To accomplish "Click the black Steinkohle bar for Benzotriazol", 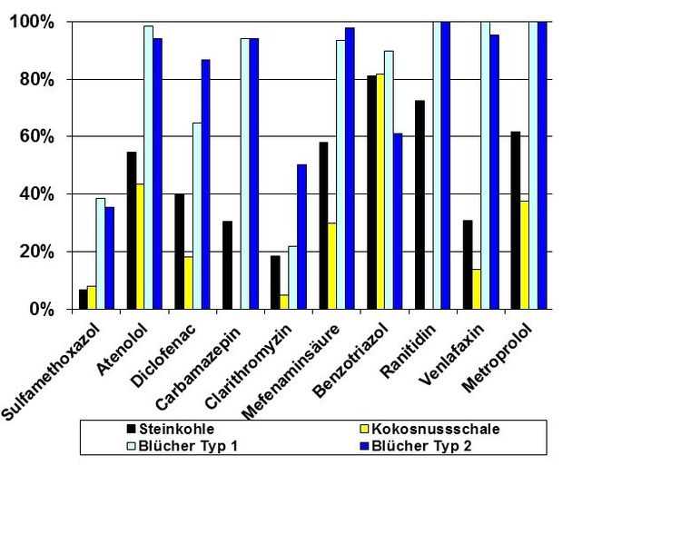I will (x=372, y=193).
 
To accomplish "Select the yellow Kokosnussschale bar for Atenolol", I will (x=141, y=247).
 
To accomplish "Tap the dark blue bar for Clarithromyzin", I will (x=301, y=237).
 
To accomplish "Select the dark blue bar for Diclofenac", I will (x=206, y=184).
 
